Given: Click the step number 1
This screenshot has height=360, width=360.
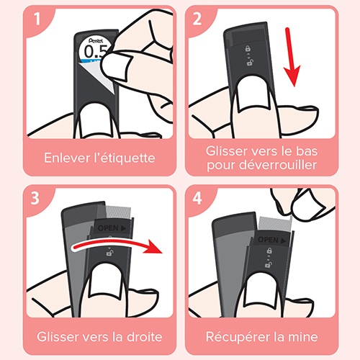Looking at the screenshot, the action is coord(37,19).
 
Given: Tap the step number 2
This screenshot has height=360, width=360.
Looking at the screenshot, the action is coord(197,19).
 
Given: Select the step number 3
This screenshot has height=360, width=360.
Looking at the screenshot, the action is coord(35,198).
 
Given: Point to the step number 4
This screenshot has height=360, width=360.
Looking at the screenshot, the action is coord(197,198).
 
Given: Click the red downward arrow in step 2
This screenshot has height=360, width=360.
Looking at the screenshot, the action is coord(292,57).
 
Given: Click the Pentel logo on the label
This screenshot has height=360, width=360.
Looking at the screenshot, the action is coord(96,40).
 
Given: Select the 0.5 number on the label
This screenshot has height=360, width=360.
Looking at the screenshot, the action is coord(96,52).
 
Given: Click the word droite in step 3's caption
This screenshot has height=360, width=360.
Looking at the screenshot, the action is coord(145,337).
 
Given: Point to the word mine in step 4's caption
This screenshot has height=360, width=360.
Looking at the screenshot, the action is coord(303,337).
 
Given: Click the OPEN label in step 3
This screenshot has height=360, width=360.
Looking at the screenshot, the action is coord(112,228).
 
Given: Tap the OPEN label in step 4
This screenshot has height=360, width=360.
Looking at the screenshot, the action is coord(272,240).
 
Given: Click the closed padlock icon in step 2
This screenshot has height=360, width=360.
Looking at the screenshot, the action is coord(248,48).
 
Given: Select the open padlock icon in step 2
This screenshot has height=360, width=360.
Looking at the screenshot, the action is coord(250,63).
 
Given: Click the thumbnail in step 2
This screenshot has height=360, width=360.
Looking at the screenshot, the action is coord(254,95).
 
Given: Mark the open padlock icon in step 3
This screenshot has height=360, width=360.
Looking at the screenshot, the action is coord(109,253).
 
